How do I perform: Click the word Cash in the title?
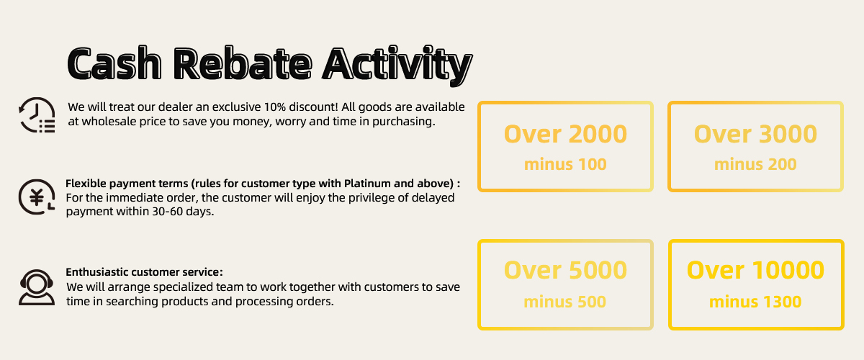click(x=114, y=63)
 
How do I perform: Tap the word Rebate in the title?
click(x=242, y=63)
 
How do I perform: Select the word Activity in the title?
click(x=397, y=66)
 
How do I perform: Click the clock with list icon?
click(x=37, y=115)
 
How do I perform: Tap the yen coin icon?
click(x=37, y=197)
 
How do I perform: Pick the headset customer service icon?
click(x=37, y=287)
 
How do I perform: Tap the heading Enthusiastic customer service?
click(x=144, y=272)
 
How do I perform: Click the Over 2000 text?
click(x=565, y=134)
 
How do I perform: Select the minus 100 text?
click(x=565, y=164)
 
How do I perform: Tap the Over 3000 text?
click(x=755, y=134)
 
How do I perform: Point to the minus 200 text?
click(x=755, y=164)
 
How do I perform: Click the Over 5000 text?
click(x=565, y=270)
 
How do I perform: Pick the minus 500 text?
click(x=565, y=302)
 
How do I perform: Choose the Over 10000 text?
click(x=755, y=270)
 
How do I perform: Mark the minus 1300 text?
click(x=755, y=302)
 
